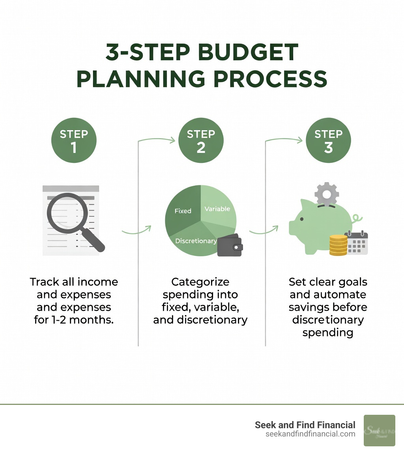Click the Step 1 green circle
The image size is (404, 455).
tap(74, 140)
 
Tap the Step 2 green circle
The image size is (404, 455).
tap(201, 140)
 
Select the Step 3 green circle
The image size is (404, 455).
tap(328, 140)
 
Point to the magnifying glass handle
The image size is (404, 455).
tap(95, 240)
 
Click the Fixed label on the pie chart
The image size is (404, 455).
tap(183, 211)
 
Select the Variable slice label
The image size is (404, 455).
tap(217, 209)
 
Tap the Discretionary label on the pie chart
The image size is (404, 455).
tap(196, 241)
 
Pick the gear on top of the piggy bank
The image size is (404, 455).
tap(327, 193)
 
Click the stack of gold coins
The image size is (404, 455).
tap(338, 245)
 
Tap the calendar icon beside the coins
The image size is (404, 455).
tap(356, 243)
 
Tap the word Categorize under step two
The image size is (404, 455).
tap(200, 282)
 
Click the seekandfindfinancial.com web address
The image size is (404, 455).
tap(311, 434)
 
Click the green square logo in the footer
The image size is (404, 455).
tap(379, 430)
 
